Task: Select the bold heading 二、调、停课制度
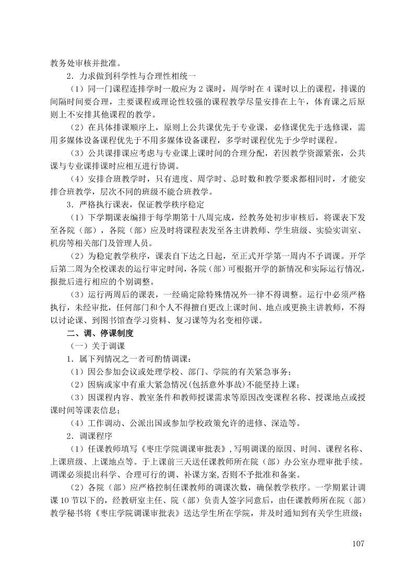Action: point(99,333)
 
